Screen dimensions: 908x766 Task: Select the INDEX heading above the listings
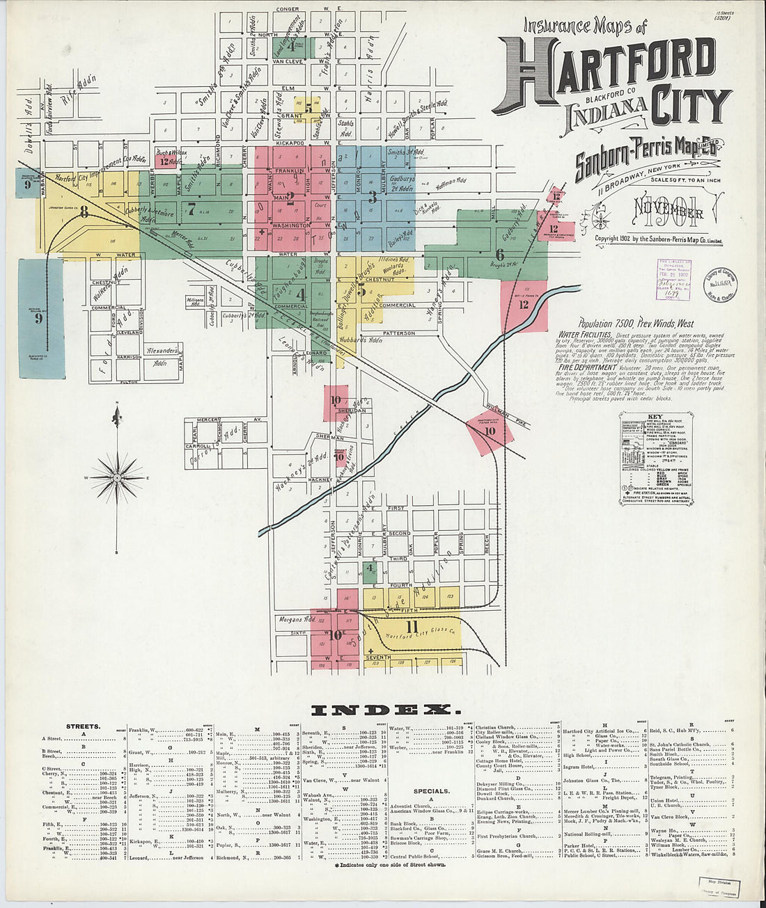[385, 710]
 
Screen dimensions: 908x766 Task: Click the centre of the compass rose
[118, 478]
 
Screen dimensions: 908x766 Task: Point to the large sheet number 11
[412, 627]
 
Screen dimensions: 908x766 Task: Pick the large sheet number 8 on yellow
[84, 210]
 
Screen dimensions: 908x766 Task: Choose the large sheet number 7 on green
[190, 207]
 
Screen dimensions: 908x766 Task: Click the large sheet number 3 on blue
[373, 198]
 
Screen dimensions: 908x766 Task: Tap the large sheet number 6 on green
[499, 255]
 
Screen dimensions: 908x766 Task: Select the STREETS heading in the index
[83, 726]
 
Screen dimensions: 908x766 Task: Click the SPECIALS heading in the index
[431, 791]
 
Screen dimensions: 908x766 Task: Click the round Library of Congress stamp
[719, 285]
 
